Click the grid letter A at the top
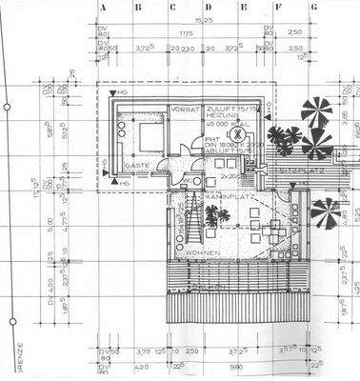click(100, 7)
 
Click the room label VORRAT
click(183, 110)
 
